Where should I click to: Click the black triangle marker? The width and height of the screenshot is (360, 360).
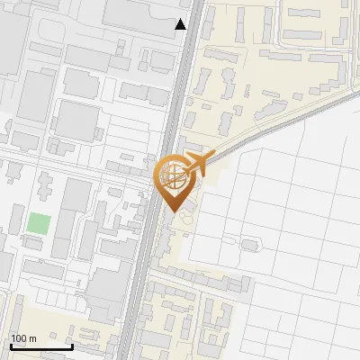point(181,24)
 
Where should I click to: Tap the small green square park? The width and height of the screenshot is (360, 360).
point(38,222)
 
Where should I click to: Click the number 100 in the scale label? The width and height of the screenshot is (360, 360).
point(19,338)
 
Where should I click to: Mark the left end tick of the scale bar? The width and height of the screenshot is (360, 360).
point(11,346)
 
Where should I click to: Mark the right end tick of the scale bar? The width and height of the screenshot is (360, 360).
point(72,346)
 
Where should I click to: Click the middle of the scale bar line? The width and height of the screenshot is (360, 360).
point(41,346)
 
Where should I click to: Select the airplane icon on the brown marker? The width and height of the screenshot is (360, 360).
point(195,165)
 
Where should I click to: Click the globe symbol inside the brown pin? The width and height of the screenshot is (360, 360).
point(171,175)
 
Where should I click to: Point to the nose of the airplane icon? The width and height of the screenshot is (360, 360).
point(208,158)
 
